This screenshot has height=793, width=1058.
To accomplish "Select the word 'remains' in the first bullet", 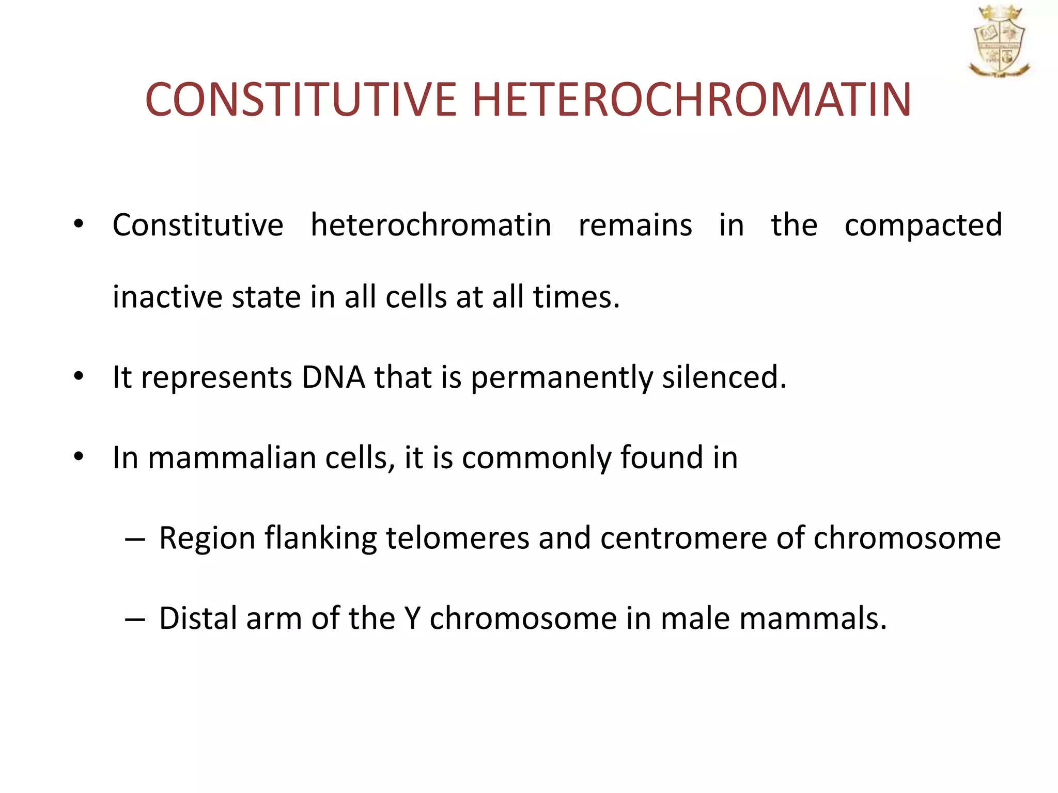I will [635, 225].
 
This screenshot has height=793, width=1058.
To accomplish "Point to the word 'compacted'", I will [923, 226].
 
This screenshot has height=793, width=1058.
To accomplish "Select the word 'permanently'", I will [562, 378].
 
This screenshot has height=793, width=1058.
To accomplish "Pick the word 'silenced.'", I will [724, 377].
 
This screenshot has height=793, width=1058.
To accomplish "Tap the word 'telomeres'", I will [457, 538].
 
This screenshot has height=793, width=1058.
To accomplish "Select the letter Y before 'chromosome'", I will [413, 618].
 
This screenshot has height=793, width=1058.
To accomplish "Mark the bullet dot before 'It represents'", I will [79, 376].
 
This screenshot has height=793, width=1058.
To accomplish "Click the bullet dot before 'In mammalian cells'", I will [79, 456].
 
